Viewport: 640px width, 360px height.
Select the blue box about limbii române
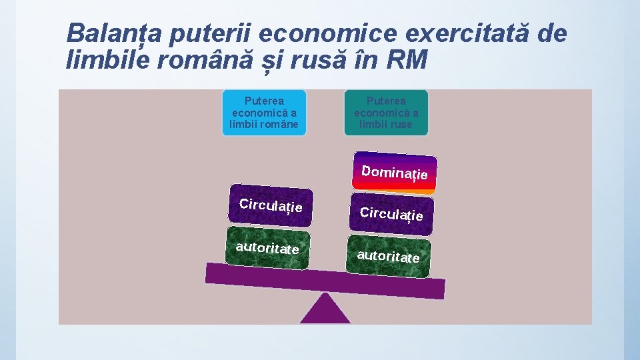[x=264, y=113]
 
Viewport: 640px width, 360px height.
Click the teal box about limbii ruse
[x=386, y=113]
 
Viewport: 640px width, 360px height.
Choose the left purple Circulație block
[x=270, y=205]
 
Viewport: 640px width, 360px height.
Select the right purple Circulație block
[x=391, y=214]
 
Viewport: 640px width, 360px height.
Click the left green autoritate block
[x=267, y=247]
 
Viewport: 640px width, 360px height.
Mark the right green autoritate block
[x=389, y=256]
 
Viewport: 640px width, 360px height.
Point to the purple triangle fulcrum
[x=325, y=311]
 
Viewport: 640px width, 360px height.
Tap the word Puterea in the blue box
[x=264, y=101]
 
